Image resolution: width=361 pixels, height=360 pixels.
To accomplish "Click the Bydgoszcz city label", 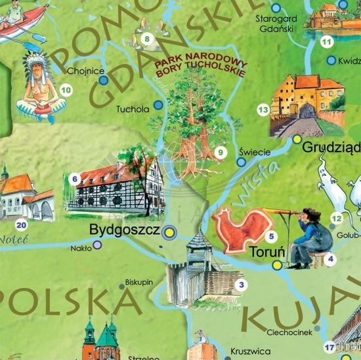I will click(x=124, y=231).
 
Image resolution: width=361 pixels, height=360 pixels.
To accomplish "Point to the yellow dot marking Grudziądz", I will click(x=297, y=139).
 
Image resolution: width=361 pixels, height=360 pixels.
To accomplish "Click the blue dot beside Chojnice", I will click(x=103, y=80).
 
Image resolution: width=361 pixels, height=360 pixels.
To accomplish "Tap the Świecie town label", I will click(x=255, y=152).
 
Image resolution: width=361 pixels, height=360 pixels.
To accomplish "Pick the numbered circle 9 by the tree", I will click(x=221, y=153).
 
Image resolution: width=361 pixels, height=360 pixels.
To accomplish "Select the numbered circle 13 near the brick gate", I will click(x=263, y=110).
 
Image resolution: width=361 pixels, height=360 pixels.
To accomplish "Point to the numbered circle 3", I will click(x=242, y=285).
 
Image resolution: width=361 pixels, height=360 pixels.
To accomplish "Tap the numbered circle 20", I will click(x=22, y=226).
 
